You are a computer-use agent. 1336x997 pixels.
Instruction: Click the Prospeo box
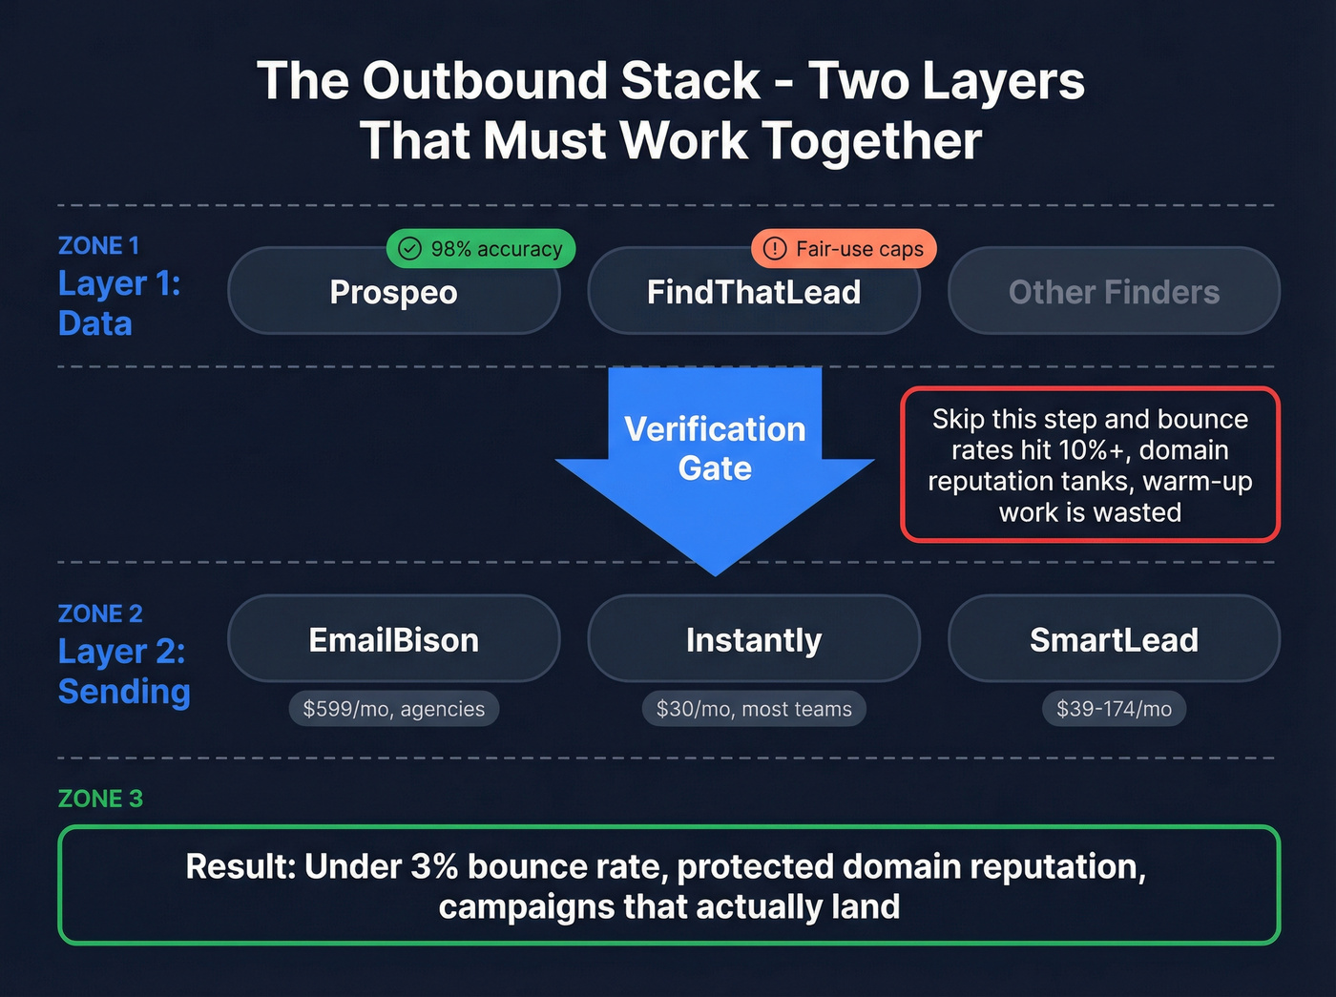pyautogui.click(x=393, y=293)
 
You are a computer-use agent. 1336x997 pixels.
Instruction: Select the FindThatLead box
pyautogui.click(x=753, y=293)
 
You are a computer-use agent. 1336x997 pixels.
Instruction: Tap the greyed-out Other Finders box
pyautogui.click(x=1114, y=292)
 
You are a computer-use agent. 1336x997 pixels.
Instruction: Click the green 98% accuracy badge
pyautogui.click(x=481, y=249)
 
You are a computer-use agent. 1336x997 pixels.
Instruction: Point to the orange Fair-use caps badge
pyautogui.click(x=845, y=249)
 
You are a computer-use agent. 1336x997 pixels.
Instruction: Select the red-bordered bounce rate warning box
pyautogui.click(x=1090, y=465)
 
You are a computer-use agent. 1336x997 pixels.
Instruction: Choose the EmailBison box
pyautogui.click(x=393, y=639)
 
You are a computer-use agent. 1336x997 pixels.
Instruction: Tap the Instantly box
pyautogui.click(x=753, y=639)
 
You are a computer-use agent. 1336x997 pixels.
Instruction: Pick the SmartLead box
pyautogui.click(x=1114, y=639)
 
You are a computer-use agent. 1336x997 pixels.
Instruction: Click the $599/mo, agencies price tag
pyautogui.click(x=393, y=709)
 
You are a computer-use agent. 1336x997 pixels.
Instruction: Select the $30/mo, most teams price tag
pyautogui.click(x=754, y=709)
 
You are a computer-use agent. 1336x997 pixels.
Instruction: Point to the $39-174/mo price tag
pyautogui.click(x=1114, y=709)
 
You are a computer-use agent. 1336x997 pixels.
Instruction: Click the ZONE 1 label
pyautogui.click(x=98, y=246)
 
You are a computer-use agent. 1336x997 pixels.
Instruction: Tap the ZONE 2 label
pyautogui.click(x=100, y=613)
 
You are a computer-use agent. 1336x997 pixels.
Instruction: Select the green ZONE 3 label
pyautogui.click(x=100, y=799)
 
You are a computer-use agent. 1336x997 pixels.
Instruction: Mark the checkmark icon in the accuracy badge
pyautogui.click(x=409, y=249)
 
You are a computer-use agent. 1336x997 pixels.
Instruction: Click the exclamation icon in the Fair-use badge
pyautogui.click(x=775, y=249)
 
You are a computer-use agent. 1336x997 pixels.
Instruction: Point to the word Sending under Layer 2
pyautogui.click(x=124, y=692)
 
